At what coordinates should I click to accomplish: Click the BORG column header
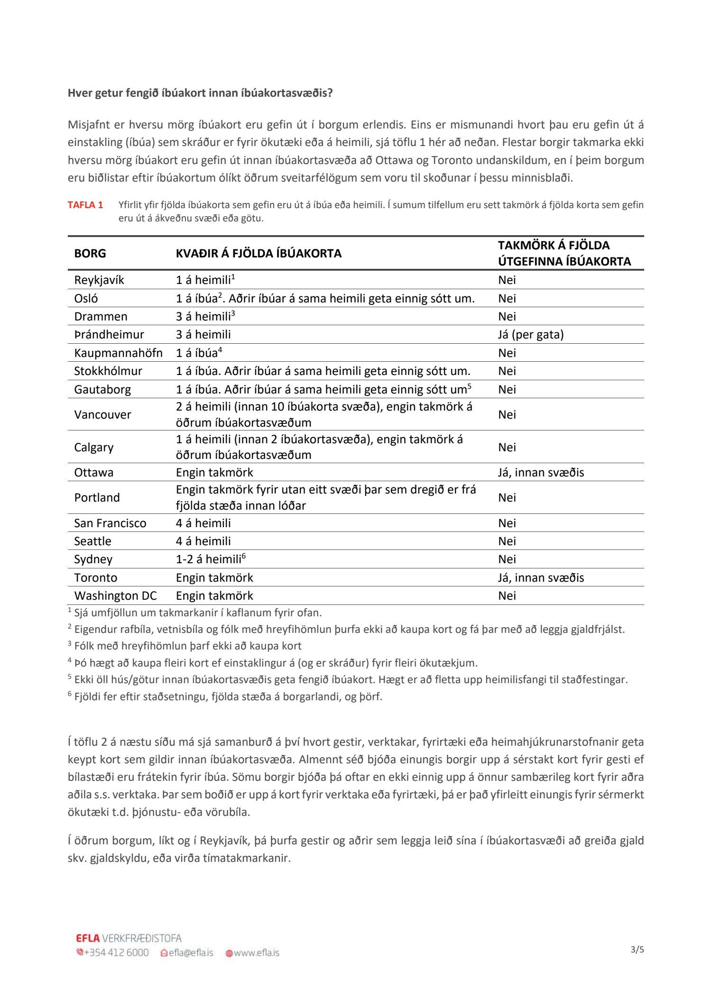pyautogui.click(x=90, y=253)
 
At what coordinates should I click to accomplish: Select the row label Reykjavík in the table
pyautogui.click(x=99, y=280)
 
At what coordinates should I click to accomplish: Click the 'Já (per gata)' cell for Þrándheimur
pyautogui.click(x=531, y=335)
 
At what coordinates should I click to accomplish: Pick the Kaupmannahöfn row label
pyautogui.click(x=118, y=353)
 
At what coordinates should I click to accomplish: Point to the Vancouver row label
pyautogui.click(x=102, y=414)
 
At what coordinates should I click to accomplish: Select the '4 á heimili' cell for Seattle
pyautogui.click(x=203, y=541)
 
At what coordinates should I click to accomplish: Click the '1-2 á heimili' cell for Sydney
pyautogui.click(x=210, y=559)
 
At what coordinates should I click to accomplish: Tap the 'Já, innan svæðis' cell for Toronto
pyautogui.click(x=541, y=577)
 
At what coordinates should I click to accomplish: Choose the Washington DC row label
pyautogui.click(x=115, y=595)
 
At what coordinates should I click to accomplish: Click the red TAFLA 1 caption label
pyautogui.click(x=85, y=205)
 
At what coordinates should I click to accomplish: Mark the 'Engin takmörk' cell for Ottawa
pyautogui.click(x=214, y=472)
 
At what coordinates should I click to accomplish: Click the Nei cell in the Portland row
pyautogui.click(x=507, y=497)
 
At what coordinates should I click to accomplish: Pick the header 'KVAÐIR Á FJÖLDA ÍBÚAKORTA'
pyautogui.click(x=259, y=253)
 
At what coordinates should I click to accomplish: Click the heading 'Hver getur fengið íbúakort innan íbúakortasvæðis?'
pyautogui.click(x=200, y=93)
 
